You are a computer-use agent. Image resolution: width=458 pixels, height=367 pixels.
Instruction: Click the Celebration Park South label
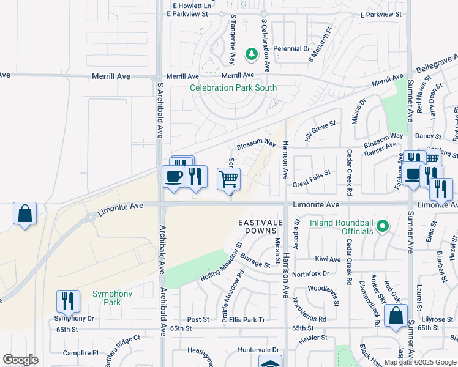[x=233, y=87]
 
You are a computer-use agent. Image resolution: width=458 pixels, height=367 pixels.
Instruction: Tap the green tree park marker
[x=251, y=56]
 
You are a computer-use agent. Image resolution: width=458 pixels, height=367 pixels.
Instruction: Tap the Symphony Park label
[x=112, y=298]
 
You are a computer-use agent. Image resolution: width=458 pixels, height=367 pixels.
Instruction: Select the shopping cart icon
[x=228, y=179]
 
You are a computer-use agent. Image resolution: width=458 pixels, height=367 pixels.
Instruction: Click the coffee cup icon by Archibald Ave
[x=173, y=176]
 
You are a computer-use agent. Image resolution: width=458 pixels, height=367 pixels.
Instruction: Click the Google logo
[x=20, y=360]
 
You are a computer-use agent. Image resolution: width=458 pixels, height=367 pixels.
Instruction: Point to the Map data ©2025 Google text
[x=420, y=362]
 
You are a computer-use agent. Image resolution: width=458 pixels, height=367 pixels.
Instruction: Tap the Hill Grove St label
[x=320, y=124]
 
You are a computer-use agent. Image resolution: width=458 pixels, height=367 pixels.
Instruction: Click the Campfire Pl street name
[x=81, y=353]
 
